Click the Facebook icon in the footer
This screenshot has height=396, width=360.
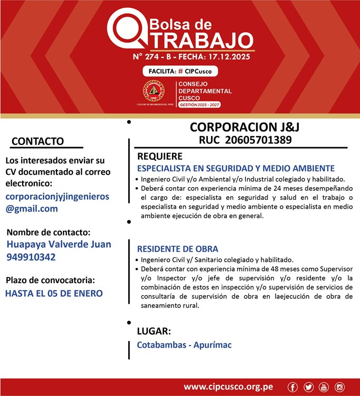tap(293, 387)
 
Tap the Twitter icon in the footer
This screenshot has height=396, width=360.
tap(309, 387)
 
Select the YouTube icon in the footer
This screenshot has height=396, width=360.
tap(324, 387)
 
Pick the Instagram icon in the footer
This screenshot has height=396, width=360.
tap(339, 387)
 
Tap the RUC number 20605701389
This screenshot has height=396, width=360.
tap(258, 140)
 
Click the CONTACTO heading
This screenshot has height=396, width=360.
tap(37, 141)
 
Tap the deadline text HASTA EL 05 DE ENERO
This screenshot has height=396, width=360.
tap(54, 293)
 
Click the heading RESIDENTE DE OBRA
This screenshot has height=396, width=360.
tap(177, 249)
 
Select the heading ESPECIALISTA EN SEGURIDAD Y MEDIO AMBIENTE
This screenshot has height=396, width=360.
tap(236, 168)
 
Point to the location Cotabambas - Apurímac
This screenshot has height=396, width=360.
tap(184, 345)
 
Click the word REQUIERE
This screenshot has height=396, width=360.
tap(160, 157)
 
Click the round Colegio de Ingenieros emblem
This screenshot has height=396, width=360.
tap(154, 91)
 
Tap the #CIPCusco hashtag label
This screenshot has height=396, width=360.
tap(196, 71)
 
